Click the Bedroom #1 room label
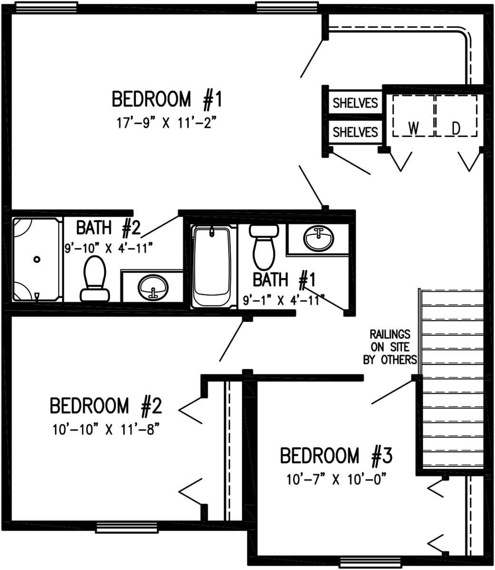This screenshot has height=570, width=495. pos(167,99)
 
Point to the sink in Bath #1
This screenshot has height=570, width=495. pos(319,238)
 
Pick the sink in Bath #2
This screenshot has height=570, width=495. pos(153,286)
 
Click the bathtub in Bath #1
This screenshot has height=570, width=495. pos(213,266)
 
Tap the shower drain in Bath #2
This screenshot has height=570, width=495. pos(37,259)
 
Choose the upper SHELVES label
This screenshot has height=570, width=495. pos(355,103)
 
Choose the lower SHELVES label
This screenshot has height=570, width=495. pos(355,132)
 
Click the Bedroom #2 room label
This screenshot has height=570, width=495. pos(106,406)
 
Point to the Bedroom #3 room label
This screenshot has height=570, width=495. pos(336,456)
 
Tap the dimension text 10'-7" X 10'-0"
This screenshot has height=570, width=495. pos(336,479)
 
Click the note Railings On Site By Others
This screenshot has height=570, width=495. pos(390,347)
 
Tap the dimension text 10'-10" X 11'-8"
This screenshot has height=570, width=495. pos(105,430)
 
